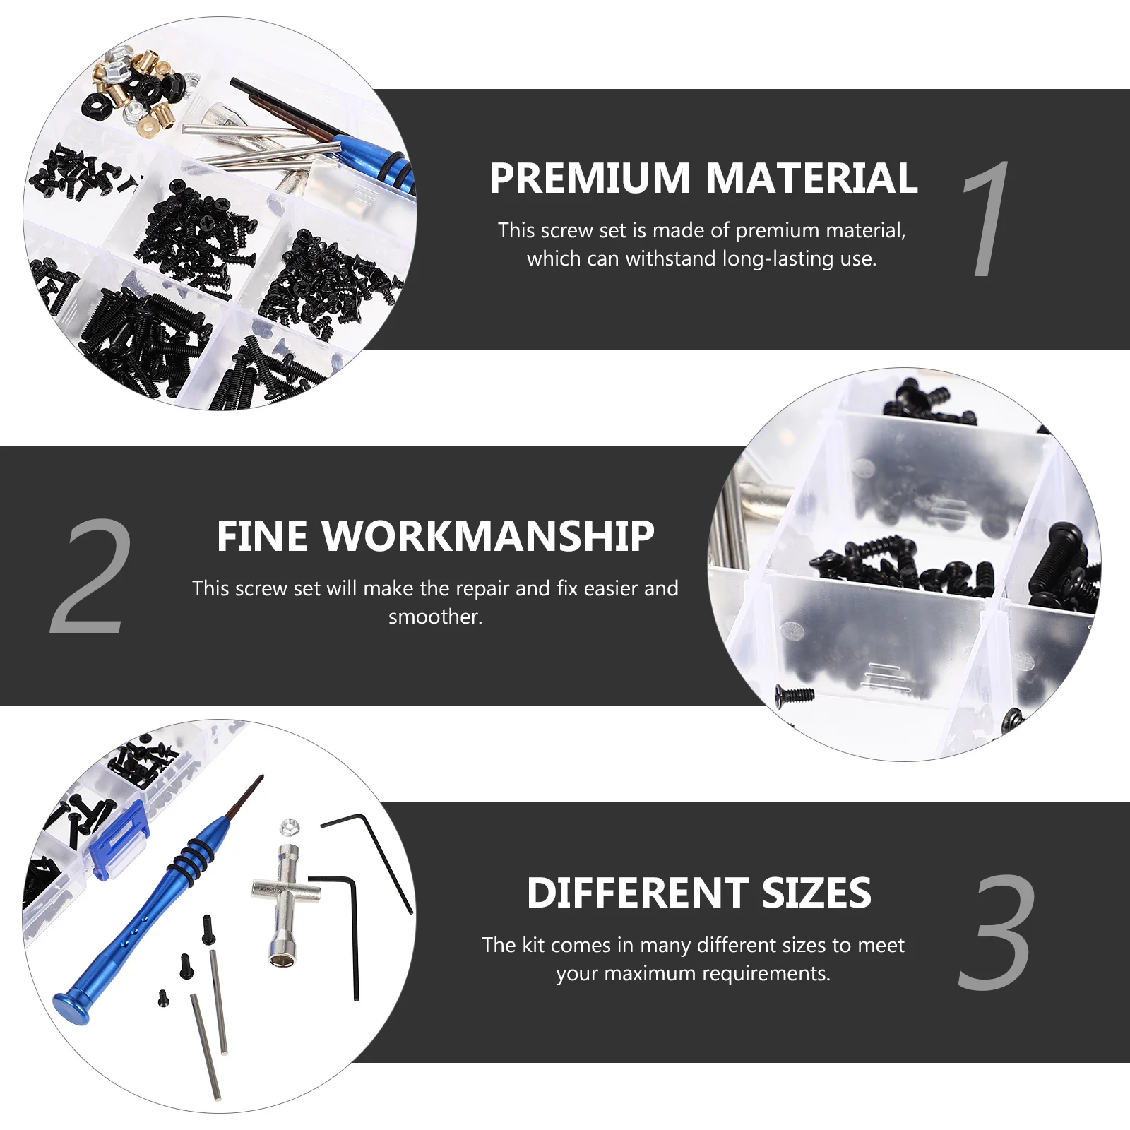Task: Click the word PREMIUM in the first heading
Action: point(589,178)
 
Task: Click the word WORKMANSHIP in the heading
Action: point(488,536)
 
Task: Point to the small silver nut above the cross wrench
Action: point(290,826)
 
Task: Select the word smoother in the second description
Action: point(435,617)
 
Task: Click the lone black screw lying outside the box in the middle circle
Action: point(795,695)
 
